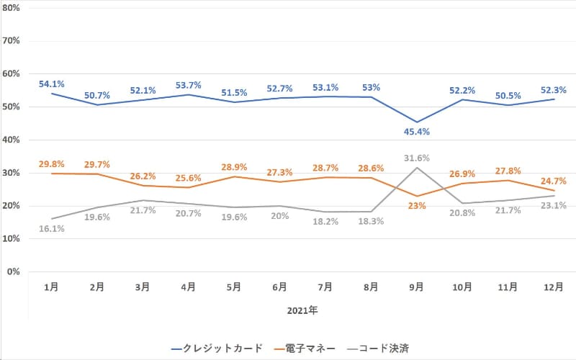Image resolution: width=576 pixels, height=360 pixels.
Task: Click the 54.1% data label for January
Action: point(52,84)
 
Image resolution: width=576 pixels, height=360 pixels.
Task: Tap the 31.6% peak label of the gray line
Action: point(415,158)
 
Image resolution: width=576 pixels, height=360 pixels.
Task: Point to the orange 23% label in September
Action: point(416,205)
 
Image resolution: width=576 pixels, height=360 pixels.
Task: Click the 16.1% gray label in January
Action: point(52,228)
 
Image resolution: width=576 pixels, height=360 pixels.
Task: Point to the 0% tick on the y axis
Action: point(12,272)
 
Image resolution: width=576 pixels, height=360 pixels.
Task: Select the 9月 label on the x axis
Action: point(416,287)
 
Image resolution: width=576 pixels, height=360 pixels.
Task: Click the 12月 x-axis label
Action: point(553,287)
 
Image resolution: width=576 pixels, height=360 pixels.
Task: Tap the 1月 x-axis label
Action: point(52,287)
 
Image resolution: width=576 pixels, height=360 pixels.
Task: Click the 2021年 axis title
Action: point(302,312)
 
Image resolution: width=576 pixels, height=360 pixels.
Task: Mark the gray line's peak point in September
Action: point(416,167)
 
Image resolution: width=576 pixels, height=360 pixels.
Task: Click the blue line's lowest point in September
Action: point(416,122)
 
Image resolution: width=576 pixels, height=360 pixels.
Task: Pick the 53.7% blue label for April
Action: point(188,86)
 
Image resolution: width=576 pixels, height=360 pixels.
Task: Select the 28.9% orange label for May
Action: point(234,167)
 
